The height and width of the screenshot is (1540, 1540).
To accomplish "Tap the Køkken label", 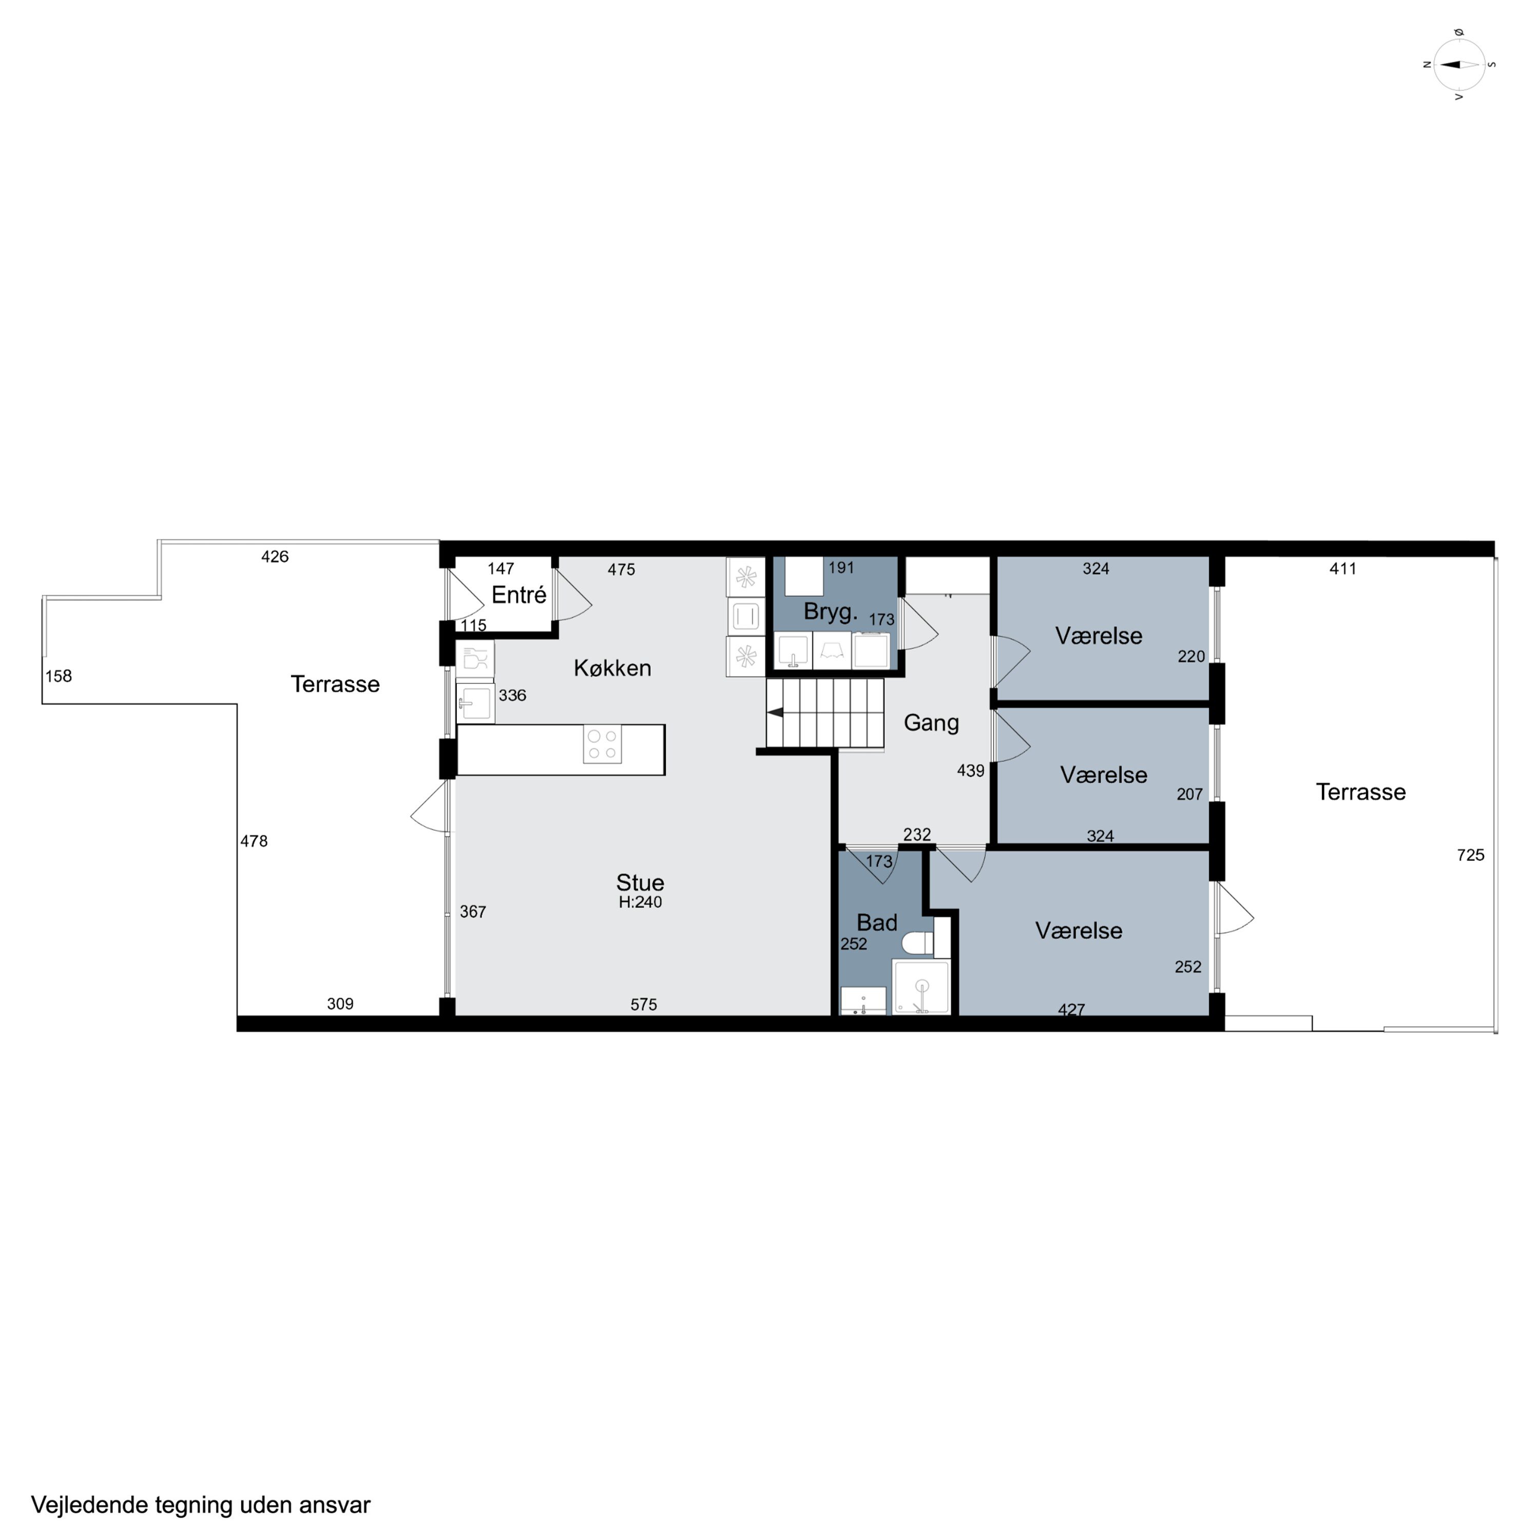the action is [x=612, y=668].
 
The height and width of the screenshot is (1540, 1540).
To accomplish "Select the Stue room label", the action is [x=640, y=882].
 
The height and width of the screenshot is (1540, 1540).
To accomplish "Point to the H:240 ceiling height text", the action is [x=640, y=902].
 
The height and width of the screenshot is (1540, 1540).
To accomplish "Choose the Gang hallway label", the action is [x=931, y=723].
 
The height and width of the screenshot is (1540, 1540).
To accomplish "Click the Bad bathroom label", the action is [x=877, y=922].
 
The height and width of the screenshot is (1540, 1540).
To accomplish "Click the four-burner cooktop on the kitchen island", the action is [x=602, y=744].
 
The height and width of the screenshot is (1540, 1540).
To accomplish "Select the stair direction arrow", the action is [x=775, y=713].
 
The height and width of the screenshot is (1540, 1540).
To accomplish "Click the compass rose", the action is [x=1459, y=65].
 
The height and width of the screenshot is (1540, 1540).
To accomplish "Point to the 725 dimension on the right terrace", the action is [x=1471, y=855].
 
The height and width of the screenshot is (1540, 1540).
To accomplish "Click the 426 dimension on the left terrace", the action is [x=275, y=556].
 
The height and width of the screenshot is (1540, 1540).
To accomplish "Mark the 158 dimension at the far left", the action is [x=58, y=676].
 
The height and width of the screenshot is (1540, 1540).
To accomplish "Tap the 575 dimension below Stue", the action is [x=643, y=1005].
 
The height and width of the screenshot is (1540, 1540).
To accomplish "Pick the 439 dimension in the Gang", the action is [x=971, y=771].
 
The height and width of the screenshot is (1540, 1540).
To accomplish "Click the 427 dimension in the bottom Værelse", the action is [x=1071, y=1010].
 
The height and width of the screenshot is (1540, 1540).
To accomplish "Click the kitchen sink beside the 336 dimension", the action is [x=475, y=703].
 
